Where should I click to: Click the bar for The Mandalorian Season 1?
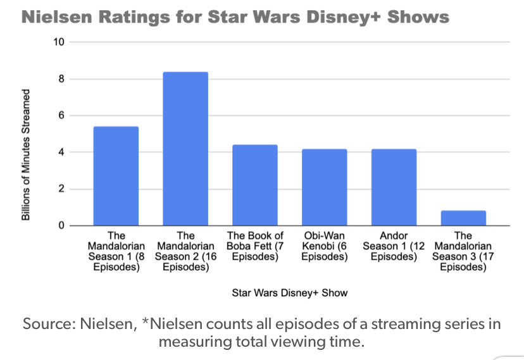[116, 176]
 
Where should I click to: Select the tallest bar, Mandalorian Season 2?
[185, 149]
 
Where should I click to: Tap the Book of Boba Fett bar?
[255, 185]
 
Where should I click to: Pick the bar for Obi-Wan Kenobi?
[325, 187]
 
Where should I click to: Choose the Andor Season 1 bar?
[394, 187]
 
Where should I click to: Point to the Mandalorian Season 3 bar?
[463, 218]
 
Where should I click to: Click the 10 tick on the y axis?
[59, 42]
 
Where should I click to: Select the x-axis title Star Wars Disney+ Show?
[290, 293]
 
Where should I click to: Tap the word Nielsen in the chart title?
[53, 17]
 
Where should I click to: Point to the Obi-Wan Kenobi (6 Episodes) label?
[325, 247]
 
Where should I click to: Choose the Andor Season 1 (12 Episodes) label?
[394, 247]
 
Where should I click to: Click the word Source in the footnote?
[49, 325]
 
